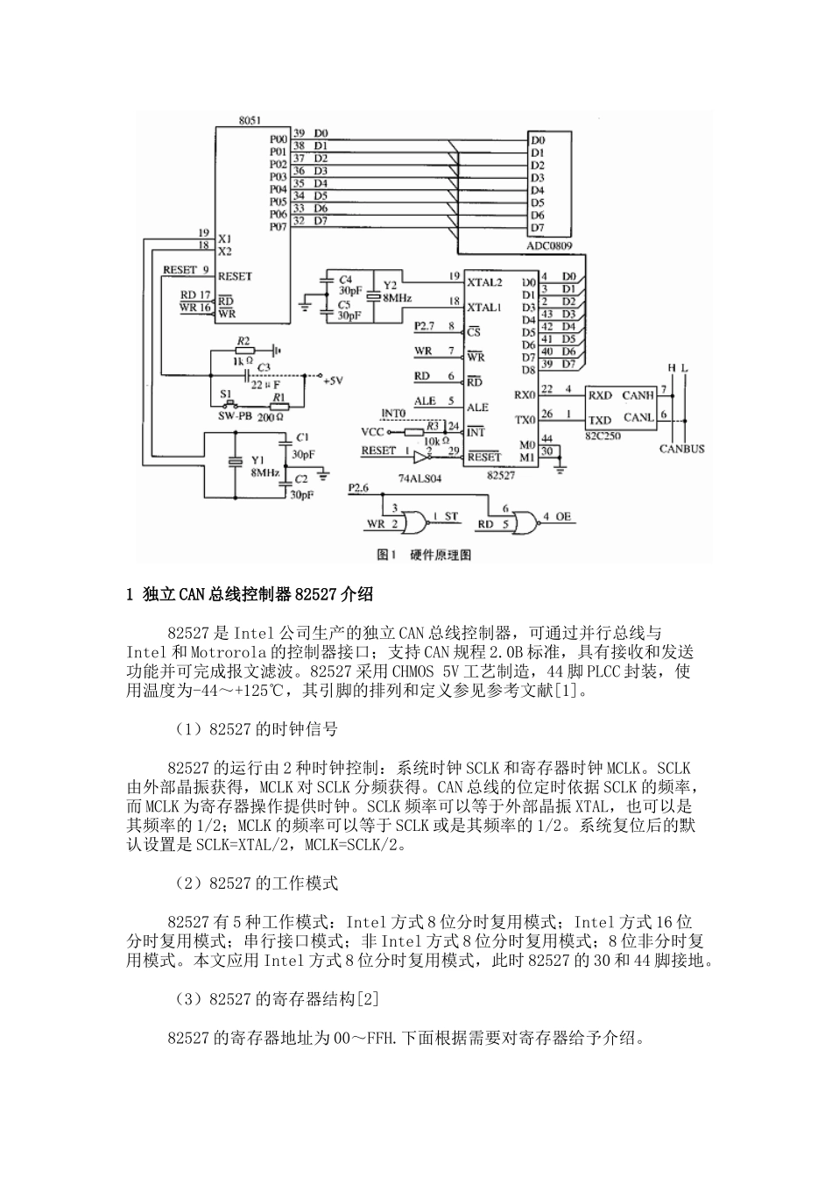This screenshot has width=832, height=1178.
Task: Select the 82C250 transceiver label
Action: coord(601,435)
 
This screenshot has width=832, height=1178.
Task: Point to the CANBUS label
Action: coord(682,450)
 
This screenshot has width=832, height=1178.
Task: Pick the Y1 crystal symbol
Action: coord(235,463)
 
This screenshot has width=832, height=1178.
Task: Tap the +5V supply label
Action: coord(334,380)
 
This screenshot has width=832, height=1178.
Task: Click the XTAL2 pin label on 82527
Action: coord(484,282)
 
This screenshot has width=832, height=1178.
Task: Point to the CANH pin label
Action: coord(638,394)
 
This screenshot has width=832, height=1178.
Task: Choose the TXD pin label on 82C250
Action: coord(600,419)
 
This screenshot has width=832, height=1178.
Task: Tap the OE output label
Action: coord(562,516)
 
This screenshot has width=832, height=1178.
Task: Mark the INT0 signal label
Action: coord(394,413)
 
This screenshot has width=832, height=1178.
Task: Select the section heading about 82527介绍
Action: coord(250,595)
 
